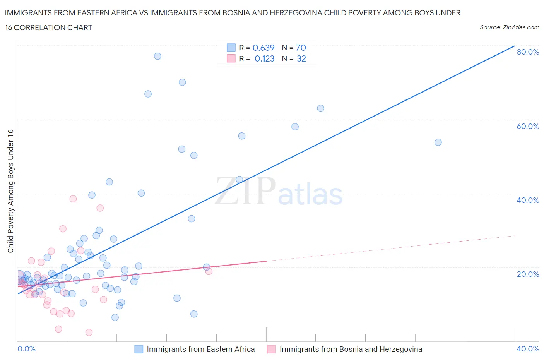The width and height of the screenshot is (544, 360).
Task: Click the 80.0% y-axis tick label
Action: [x=527, y=52]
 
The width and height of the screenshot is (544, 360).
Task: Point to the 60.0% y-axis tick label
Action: [x=527, y=126]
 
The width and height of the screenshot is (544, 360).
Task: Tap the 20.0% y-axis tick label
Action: [x=527, y=274]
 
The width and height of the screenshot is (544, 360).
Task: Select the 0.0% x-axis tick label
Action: [x=26, y=349]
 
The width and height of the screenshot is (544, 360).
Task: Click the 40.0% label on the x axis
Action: [x=527, y=349]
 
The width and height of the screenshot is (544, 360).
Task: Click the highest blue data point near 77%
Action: [x=157, y=56]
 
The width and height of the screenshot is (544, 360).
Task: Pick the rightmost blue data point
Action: [x=438, y=142]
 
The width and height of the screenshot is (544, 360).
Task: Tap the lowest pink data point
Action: [x=89, y=333]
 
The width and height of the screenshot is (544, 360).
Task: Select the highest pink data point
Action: [x=73, y=199]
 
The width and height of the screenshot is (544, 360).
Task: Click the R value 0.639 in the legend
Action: [x=263, y=48]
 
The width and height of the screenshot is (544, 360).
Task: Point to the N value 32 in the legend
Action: [x=301, y=58]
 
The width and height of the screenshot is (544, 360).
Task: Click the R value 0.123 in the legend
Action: [x=264, y=58]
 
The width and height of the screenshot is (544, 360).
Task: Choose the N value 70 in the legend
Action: [x=301, y=48]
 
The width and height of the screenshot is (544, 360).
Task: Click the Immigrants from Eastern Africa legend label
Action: [x=200, y=349]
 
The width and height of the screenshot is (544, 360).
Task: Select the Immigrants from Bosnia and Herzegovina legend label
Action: [x=351, y=349]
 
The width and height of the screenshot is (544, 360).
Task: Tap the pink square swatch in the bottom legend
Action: [x=271, y=349]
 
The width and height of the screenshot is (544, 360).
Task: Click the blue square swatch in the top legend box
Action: [x=231, y=48]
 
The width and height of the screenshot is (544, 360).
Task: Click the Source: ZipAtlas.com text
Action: [x=509, y=27]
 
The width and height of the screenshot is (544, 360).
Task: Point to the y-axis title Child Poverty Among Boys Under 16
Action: [x=10, y=191]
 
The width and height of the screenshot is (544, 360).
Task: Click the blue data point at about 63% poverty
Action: [x=320, y=108]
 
